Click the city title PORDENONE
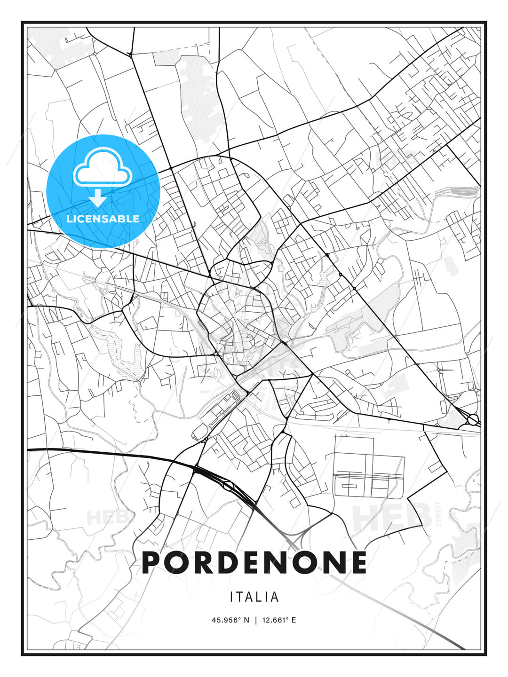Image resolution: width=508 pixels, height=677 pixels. pos(254,562)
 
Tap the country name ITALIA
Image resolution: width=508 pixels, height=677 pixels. pos(254,597)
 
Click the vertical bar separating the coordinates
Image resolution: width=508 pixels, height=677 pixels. pos(255,620)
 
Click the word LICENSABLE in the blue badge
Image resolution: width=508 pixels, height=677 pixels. pos(103,219)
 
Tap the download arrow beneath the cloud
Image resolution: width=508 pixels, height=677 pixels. pos(98,199)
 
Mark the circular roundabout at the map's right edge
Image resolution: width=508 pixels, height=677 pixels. pos(473,419)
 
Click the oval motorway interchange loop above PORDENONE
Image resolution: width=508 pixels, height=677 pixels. pos(229,486)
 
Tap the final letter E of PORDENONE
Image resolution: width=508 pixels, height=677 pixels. pos(358,562)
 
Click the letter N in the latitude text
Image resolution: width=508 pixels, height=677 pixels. pos(246,620)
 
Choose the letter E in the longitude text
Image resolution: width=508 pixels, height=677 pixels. pos(294,620)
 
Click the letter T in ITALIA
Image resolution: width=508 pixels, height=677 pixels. pos(243,597)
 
